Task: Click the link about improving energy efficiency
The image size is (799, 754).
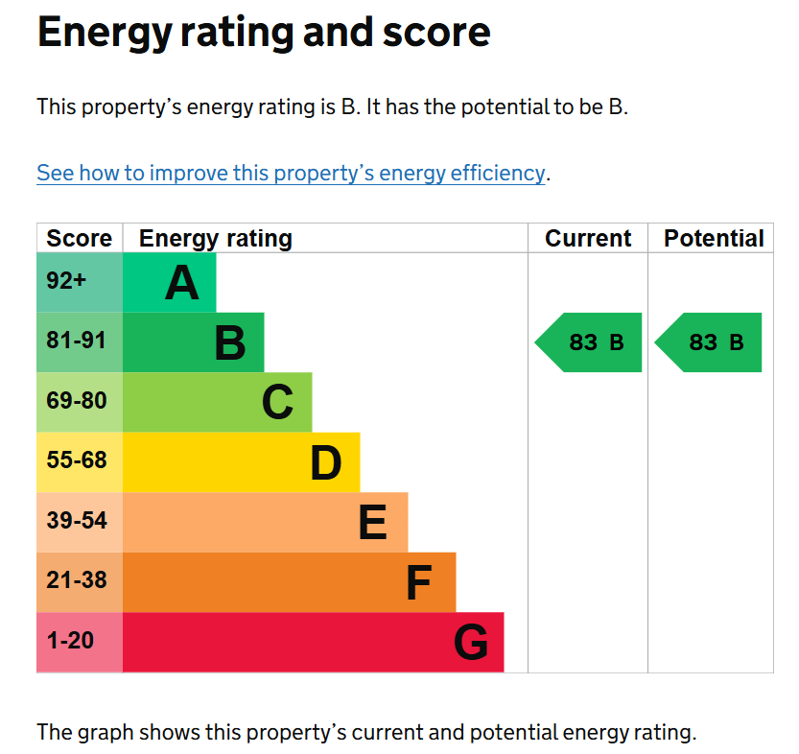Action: (x=291, y=174)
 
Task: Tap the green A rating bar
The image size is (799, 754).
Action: (x=169, y=283)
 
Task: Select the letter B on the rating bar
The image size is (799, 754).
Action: (x=230, y=342)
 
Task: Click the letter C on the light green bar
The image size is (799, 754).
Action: (x=277, y=402)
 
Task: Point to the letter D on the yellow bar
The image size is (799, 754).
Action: (x=326, y=463)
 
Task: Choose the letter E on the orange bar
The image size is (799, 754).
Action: (x=372, y=523)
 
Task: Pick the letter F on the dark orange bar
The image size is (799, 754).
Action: (x=418, y=582)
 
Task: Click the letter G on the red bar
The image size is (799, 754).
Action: (x=470, y=643)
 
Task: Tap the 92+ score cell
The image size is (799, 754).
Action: (x=66, y=281)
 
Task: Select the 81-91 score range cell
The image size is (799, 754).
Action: (x=77, y=341)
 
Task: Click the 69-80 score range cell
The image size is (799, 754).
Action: (x=77, y=401)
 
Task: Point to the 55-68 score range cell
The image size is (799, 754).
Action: (x=77, y=460)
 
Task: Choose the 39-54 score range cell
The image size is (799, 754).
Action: (x=77, y=521)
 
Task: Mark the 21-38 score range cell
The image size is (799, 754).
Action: (x=77, y=580)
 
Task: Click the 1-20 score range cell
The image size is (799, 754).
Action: (x=71, y=641)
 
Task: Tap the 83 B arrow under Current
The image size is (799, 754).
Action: (x=590, y=342)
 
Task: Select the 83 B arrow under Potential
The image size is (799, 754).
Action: (x=710, y=342)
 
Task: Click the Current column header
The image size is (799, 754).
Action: (x=588, y=239)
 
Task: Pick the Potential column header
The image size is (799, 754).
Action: (x=714, y=239)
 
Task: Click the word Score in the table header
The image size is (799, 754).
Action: (x=79, y=239)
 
